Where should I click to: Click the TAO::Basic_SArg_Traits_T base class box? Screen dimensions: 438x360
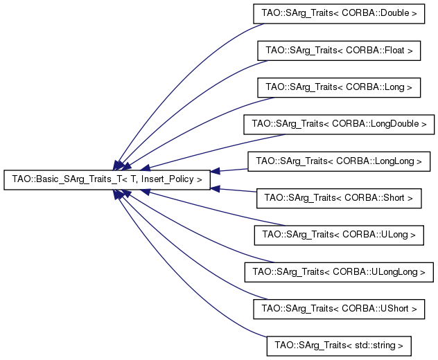pyautogui.click(x=107, y=180)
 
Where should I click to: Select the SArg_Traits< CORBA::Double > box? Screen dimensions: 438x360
pyautogui.click(x=339, y=13)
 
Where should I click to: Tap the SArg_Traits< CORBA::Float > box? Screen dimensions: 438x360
pyautogui.click(x=339, y=51)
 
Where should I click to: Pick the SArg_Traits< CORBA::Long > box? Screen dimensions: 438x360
pyautogui.click(x=339, y=87)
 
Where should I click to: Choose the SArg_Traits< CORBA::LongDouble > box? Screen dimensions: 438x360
pyautogui.click(x=339, y=124)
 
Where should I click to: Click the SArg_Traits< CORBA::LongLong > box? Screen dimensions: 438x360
pyautogui.click(x=339, y=161)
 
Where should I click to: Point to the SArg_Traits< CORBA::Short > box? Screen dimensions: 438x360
pyautogui.click(x=339, y=198)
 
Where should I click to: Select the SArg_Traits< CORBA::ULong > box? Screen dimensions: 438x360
pyautogui.click(x=339, y=235)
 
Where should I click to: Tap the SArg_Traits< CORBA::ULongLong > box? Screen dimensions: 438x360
pyautogui.click(x=339, y=272)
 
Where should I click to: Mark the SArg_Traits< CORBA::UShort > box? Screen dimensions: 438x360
pyautogui.click(x=339, y=309)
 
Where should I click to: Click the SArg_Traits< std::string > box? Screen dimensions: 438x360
pyautogui.click(x=339, y=345)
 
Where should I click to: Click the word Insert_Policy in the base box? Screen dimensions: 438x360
pyautogui.click(x=167, y=179)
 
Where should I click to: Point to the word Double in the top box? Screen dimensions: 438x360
pyautogui.click(x=395, y=13)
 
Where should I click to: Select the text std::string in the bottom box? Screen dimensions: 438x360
pyautogui.click(x=375, y=345)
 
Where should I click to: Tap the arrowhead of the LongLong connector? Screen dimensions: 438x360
pyautogui.click(x=215, y=171)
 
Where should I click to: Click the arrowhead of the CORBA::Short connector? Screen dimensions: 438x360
pyautogui.click(x=215, y=189)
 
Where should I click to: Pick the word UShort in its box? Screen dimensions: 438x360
pyautogui.click(x=394, y=308)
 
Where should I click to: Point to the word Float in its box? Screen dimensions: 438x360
pyautogui.click(x=394, y=51)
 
